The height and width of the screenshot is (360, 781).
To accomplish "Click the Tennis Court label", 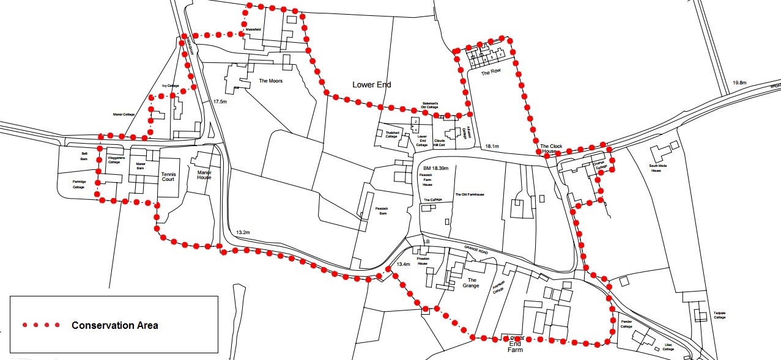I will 168,177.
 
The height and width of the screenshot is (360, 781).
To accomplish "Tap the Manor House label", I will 204,175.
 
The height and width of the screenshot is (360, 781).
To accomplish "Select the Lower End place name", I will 371,85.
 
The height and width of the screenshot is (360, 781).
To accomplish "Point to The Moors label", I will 271,81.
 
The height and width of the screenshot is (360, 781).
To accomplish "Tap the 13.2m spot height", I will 243,232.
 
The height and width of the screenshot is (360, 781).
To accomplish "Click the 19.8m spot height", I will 739,83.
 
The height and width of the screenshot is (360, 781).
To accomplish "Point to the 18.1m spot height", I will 492,147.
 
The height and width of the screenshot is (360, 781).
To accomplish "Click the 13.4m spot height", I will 402,265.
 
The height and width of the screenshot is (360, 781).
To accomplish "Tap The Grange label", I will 471,283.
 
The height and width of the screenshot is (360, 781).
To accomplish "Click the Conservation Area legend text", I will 115,325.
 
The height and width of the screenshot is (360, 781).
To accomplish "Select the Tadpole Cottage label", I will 719,315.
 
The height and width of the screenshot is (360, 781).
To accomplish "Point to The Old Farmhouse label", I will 469,194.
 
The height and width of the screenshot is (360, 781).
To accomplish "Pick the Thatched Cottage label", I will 392,135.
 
